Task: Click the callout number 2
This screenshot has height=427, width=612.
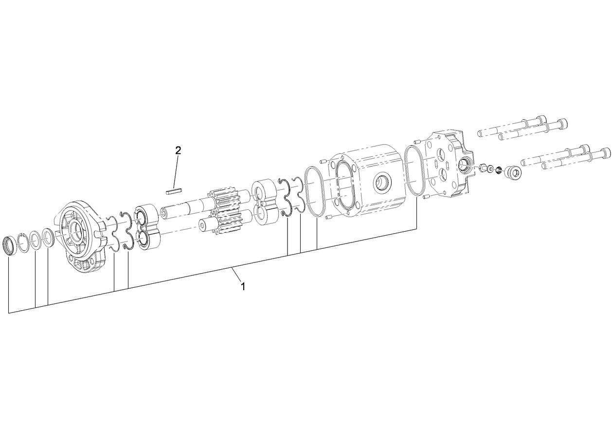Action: coord(178,150)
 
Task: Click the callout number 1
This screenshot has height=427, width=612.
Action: coord(243,286)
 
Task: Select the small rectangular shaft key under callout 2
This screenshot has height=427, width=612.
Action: coord(174,191)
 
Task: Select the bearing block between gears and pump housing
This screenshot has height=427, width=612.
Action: coord(266,203)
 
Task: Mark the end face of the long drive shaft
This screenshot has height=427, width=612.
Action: coord(164,214)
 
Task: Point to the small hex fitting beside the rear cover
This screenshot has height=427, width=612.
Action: coord(483,168)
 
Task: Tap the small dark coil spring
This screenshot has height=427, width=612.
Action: coord(499,170)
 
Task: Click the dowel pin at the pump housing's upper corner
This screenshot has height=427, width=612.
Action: coord(322,160)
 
